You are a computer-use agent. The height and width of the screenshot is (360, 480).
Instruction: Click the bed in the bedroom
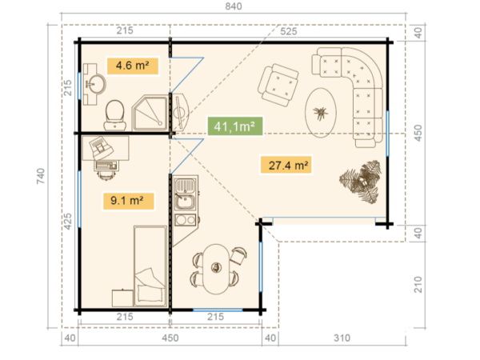pos(149,264)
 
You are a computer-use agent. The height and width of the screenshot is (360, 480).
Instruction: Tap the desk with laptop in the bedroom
pos(104,152)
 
